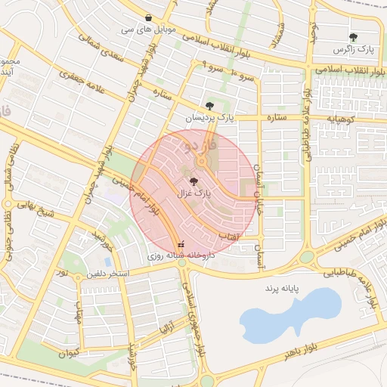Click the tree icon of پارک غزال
(194, 181)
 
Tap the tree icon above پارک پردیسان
(209, 106)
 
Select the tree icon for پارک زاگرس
(353, 36)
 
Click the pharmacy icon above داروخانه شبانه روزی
(181, 245)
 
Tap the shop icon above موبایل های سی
(148, 17)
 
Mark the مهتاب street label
(79, 309)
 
